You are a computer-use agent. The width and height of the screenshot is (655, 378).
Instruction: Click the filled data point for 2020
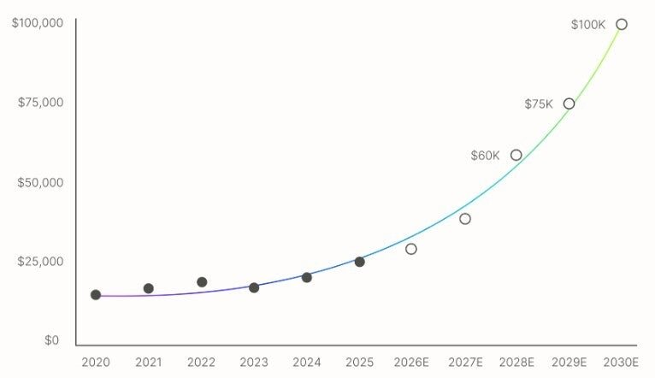96,295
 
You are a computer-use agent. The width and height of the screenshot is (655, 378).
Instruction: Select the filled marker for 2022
202,282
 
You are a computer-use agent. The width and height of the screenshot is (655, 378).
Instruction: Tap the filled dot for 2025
359,262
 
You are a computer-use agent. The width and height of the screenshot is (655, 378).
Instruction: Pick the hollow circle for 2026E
411,249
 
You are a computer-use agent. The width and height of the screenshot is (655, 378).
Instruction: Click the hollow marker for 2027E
465,219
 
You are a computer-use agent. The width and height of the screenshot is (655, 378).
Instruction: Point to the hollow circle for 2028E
516,155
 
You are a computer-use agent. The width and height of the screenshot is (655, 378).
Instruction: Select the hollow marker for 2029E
569,103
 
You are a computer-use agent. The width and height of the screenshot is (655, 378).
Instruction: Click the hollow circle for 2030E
622,24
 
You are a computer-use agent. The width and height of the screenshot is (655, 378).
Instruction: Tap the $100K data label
588,25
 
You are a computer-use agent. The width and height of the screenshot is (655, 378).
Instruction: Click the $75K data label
539,104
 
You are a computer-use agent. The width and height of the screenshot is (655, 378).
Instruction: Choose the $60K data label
485,156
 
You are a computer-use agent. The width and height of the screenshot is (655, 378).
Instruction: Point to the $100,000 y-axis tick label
38,22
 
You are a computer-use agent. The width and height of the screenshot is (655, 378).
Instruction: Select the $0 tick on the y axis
52,340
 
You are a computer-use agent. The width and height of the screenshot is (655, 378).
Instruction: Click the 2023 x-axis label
254,363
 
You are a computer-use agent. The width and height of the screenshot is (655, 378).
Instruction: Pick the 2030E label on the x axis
622,363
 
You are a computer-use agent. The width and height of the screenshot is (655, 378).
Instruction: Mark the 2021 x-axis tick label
149,363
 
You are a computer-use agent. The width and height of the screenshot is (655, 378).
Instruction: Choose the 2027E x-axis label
465,363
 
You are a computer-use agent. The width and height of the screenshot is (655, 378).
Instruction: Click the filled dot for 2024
307,277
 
